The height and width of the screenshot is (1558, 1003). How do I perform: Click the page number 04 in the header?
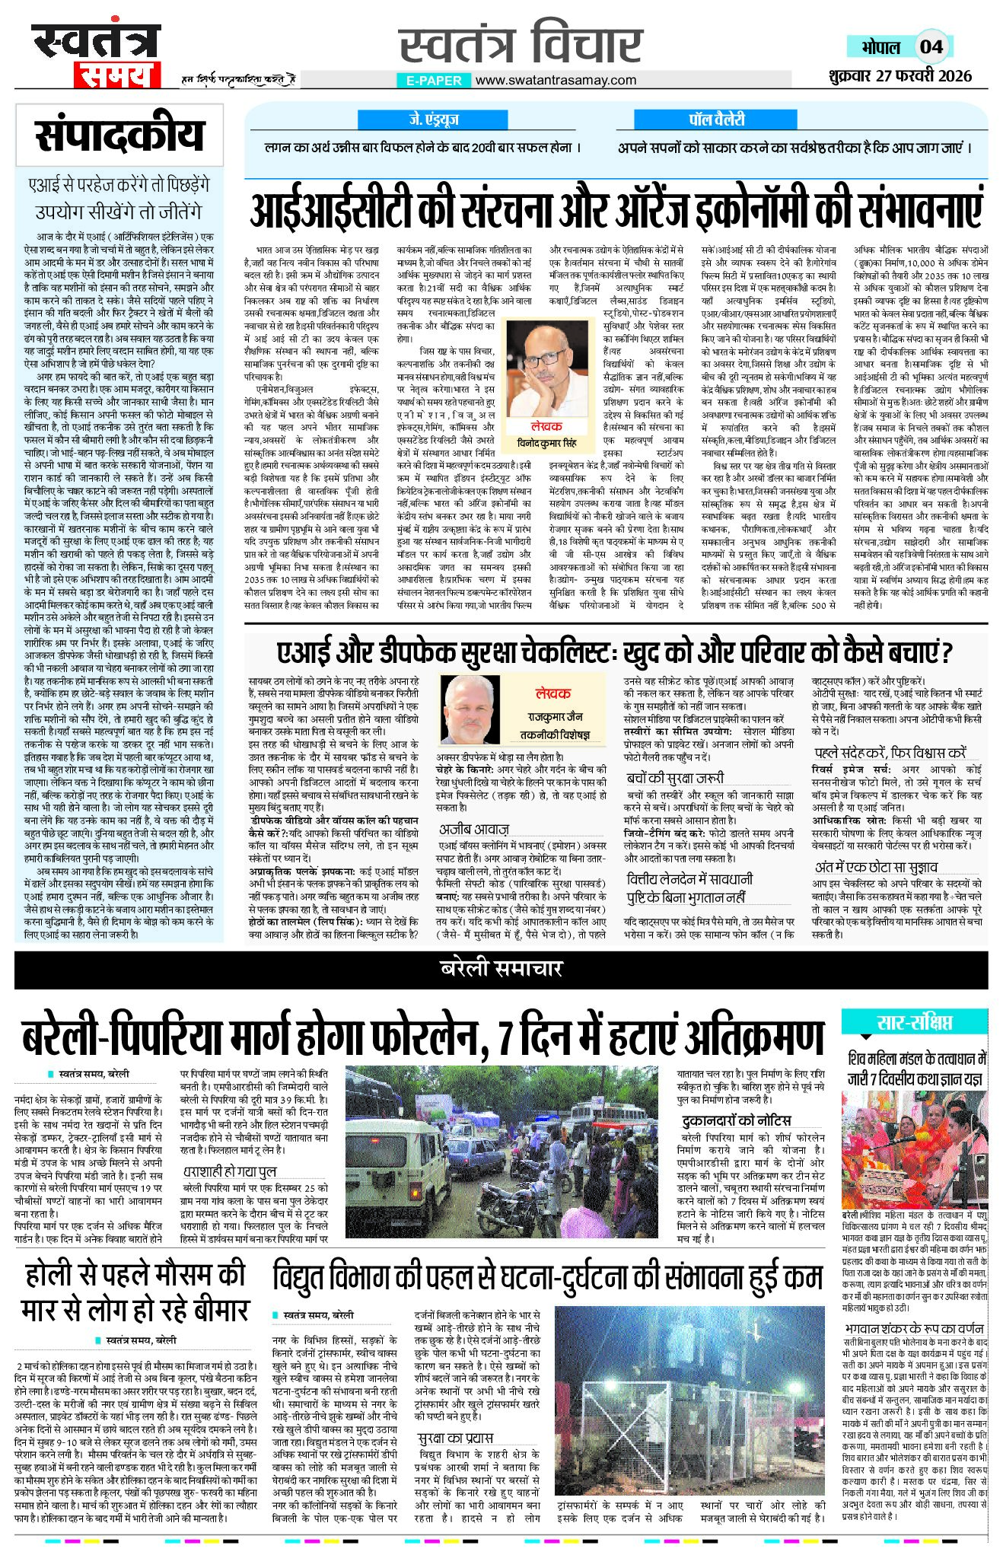(x=931, y=47)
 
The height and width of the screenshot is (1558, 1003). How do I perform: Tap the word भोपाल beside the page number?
(x=881, y=47)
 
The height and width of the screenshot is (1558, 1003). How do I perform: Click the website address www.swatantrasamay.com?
(x=556, y=80)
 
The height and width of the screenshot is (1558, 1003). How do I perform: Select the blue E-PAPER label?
(x=434, y=80)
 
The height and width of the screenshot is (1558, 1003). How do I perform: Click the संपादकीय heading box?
(x=119, y=135)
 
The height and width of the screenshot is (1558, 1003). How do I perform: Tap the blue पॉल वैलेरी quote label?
(x=716, y=119)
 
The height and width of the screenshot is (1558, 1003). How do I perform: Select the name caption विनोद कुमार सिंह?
(x=542, y=444)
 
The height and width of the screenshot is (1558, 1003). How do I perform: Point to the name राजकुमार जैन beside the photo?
(x=555, y=717)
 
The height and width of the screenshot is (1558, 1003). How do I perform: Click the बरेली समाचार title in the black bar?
(x=501, y=969)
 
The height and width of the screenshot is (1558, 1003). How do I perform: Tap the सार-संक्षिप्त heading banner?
(x=914, y=1022)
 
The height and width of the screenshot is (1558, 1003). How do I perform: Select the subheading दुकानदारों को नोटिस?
(x=736, y=1120)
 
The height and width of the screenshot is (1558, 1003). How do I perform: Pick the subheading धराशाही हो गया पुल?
(x=229, y=1171)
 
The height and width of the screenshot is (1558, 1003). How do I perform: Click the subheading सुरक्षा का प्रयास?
(x=455, y=1438)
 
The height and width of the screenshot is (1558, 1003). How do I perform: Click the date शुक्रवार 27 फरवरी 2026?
(x=901, y=75)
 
